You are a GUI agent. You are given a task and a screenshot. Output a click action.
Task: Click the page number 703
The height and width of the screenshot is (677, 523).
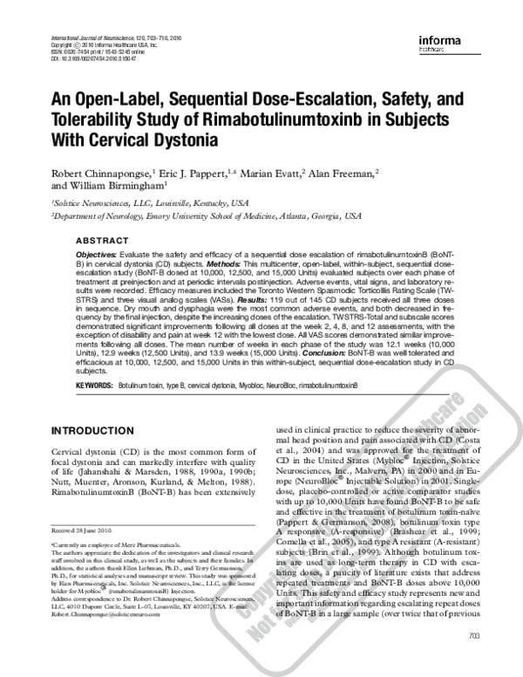point(474,660)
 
